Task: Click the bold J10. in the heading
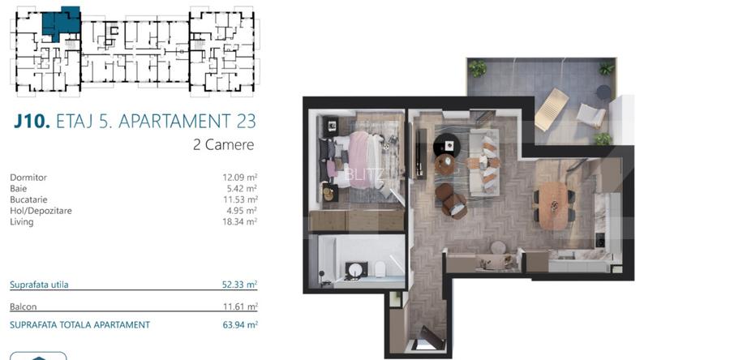32,121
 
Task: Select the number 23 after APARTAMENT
245,121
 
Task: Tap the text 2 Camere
224,144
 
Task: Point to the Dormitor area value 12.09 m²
240,178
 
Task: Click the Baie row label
18,188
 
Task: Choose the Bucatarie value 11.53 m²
240,199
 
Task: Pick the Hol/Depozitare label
41,211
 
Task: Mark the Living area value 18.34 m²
240,222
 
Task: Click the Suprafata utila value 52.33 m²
240,285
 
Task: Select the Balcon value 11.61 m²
240,306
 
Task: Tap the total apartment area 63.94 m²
240,324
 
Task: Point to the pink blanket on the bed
359,160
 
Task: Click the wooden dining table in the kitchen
553,206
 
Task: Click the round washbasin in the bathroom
356,270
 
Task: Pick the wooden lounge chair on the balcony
552,109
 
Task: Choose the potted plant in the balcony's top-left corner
478,69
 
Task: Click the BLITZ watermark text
364,174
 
